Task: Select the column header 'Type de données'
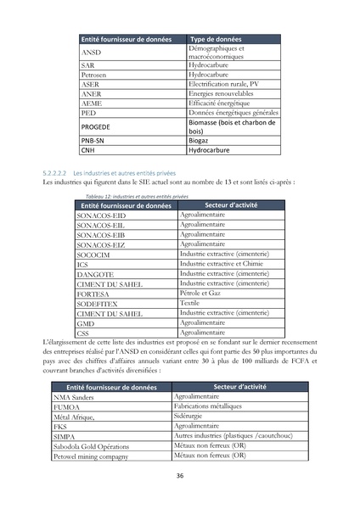(x=215, y=40)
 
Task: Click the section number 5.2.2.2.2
(x=55, y=172)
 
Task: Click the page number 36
(x=180, y=476)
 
